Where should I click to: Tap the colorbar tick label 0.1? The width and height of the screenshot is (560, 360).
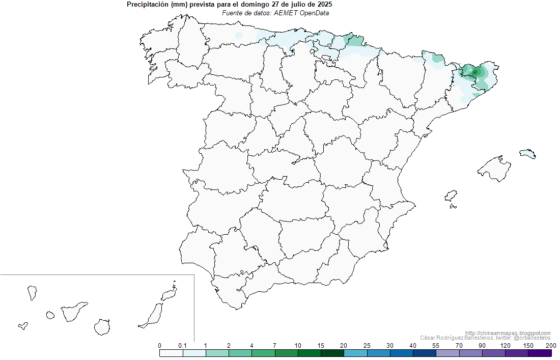tap(182, 346)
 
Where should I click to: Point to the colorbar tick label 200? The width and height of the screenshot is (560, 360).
tap(550, 346)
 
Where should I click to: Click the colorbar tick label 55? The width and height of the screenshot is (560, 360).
tap(435, 346)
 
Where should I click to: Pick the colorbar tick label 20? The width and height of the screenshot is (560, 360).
tap(344, 346)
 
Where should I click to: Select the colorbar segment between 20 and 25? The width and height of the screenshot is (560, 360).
tap(355, 353)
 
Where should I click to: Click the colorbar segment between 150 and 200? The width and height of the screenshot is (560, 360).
tap(540, 353)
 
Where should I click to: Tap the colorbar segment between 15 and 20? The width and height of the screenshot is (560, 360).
tap(332, 353)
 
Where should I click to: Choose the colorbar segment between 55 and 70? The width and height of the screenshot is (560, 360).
tap(447, 353)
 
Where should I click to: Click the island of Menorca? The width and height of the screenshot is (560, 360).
tap(528, 153)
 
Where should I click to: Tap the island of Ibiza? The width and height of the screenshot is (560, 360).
tap(451, 197)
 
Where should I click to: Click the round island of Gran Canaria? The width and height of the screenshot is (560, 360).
tap(102, 326)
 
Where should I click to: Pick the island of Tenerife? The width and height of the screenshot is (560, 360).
tap(73, 312)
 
